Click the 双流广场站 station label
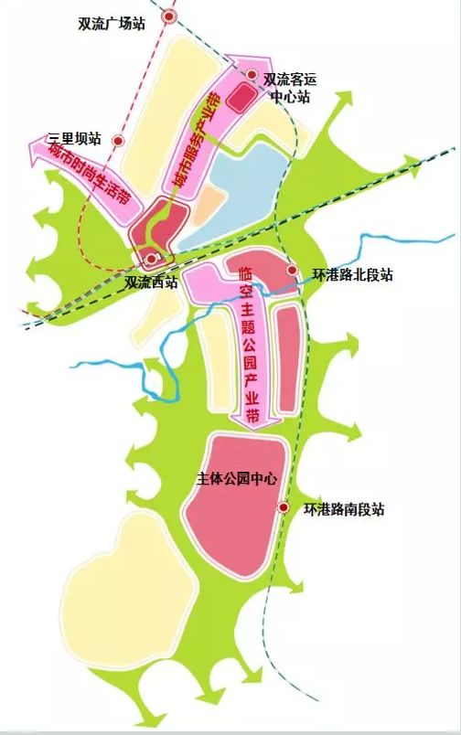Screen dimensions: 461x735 112,25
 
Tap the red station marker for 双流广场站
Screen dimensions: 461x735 168,17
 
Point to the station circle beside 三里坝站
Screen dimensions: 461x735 118,140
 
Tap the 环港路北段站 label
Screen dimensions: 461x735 351,274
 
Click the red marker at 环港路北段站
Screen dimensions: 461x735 292,271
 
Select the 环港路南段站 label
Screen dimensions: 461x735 343,509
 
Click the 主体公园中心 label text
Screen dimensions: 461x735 236,478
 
